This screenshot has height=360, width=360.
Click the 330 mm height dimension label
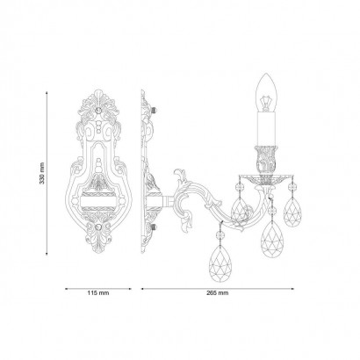(x=42, y=173)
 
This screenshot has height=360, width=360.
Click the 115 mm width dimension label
(x=98, y=292)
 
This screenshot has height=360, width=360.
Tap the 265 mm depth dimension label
(x=218, y=293)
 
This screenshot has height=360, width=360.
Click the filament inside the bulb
(x=266, y=103)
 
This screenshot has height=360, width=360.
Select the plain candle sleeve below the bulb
(x=266, y=129)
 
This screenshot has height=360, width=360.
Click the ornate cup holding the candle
(x=266, y=160)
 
